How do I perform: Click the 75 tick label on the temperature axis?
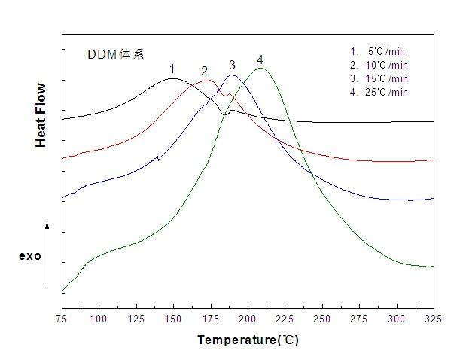pyautogui.click(x=62, y=319)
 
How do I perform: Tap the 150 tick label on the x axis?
pyautogui.click(x=173, y=319)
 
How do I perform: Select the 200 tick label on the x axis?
pyautogui.click(x=248, y=319)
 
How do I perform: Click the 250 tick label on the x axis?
pyautogui.click(x=322, y=319)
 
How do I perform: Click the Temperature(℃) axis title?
pyautogui.click(x=248, y=340)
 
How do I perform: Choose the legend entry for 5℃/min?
pyautogui.click(x=379, y=51)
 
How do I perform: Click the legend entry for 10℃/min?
pyautogui.click(x=379, y=65)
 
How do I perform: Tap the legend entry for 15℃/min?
pyautogui.click(x=379, y=78)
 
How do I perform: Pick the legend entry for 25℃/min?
pyautogui.click(x=379, y=92)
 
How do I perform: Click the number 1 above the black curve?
pyautogui.click(x=172, y=69)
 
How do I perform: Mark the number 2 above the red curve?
pyautogui.click(x=204, y=71)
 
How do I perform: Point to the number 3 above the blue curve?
pyautogui.click(x=233, y=64)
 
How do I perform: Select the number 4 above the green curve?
pyautogui.click(x=260, y=59)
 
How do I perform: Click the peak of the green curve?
pyautogui.click(x=260, y=69)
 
